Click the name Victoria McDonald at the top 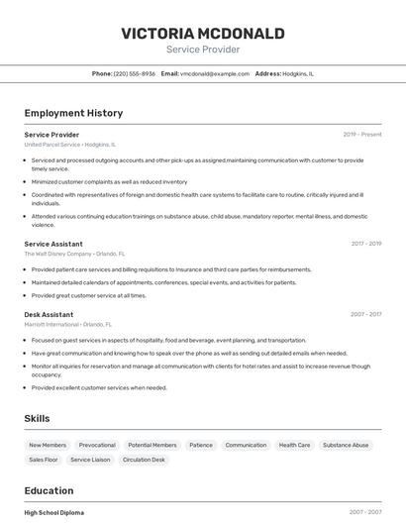click(203, 34)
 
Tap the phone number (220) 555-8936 click(135, 73)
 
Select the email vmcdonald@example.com click(215, 73)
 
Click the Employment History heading click(73, 113)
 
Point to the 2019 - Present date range click(361, 134)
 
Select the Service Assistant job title click(53, 244)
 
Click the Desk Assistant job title click(49, 314)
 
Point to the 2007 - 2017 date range click(365, 314)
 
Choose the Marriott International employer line click(67, 324)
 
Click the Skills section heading click(38, 419)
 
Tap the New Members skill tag click(48, 446)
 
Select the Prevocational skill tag click(97, 446)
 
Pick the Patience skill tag click(201, 446)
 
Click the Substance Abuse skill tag click(346, 446)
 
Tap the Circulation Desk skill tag click(144, 460)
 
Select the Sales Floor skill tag click(44, 460)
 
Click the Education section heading click(49, 490)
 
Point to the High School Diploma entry click(53, 512)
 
